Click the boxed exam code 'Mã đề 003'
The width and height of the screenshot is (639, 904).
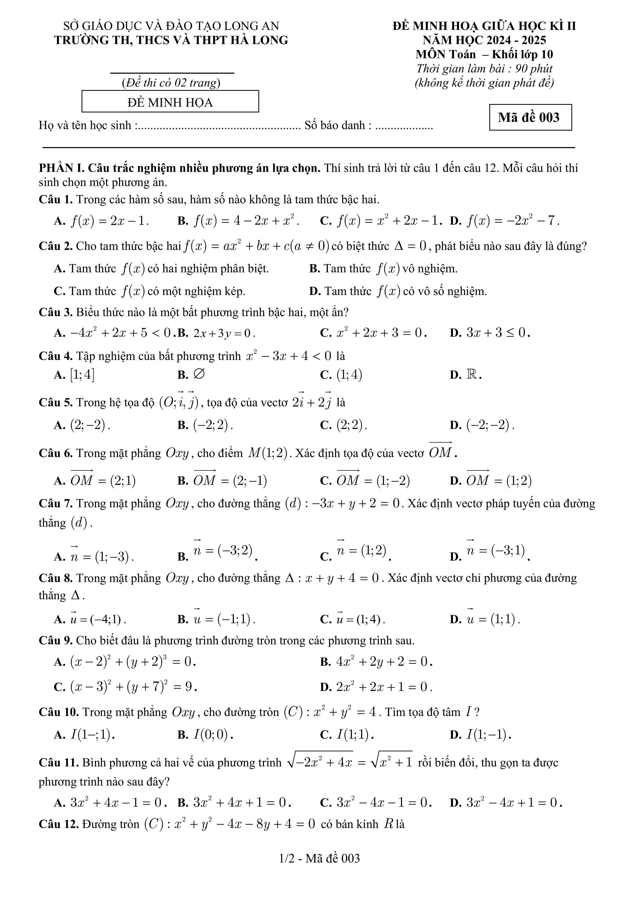coord(530,117)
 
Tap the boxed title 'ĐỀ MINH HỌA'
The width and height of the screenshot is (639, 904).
coord(170,102)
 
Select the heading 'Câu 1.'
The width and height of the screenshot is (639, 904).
coord(55,200)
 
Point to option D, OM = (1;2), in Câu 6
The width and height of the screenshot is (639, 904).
coord(498,480)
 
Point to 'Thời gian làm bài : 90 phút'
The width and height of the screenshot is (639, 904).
coord(484,69)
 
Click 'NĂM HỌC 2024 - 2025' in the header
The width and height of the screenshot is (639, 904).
coord(484,40)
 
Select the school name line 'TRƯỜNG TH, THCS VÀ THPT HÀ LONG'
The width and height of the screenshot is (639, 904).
coord(171,40)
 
